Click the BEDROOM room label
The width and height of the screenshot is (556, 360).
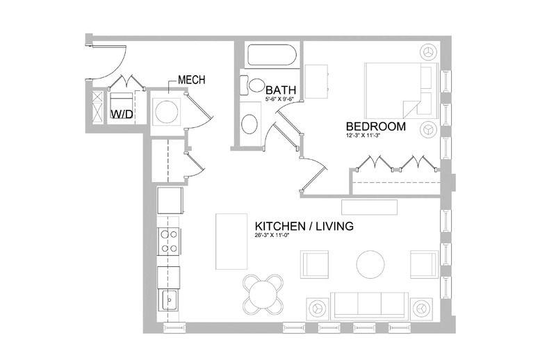[376, 126]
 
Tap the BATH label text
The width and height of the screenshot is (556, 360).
[281, 90]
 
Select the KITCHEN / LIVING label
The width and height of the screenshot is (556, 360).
[304, 226]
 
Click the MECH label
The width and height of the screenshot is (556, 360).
[192, 80]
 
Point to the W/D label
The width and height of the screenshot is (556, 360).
[122, 114]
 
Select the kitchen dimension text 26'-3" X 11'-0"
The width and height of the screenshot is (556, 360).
[270, 235]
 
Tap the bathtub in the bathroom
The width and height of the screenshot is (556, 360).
[272, 55]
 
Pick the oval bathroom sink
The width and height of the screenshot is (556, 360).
[250, 124]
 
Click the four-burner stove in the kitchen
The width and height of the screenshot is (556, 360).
[169, 241]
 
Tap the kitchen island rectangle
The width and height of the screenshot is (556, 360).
[231, 241]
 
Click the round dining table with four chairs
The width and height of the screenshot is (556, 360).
[263, 294]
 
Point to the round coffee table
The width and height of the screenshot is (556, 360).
[370, 265]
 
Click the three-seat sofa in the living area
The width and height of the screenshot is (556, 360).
[369, 305]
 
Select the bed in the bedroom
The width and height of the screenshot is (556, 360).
[401, 90]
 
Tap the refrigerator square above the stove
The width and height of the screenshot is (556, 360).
[170, 201]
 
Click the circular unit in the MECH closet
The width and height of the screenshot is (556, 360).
[167, 111]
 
